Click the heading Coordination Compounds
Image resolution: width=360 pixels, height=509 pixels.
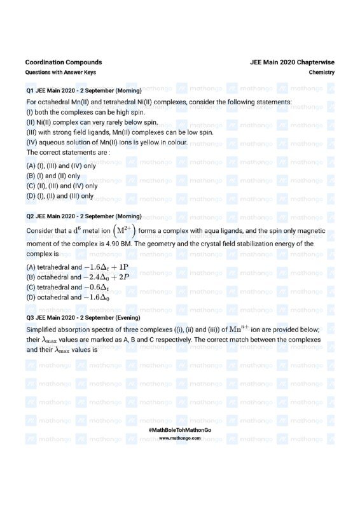64,62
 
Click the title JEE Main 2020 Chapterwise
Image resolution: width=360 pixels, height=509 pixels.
293,62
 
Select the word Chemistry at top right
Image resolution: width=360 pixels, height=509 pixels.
322,73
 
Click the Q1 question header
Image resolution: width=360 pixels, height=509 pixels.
84,91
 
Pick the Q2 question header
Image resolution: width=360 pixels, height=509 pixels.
84,216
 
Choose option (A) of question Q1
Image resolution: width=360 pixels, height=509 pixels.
61,165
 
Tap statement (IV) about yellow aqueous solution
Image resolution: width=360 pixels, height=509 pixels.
107,143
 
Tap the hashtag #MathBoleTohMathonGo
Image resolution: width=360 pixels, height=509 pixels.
180,431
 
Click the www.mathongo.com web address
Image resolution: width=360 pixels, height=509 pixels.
180,438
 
